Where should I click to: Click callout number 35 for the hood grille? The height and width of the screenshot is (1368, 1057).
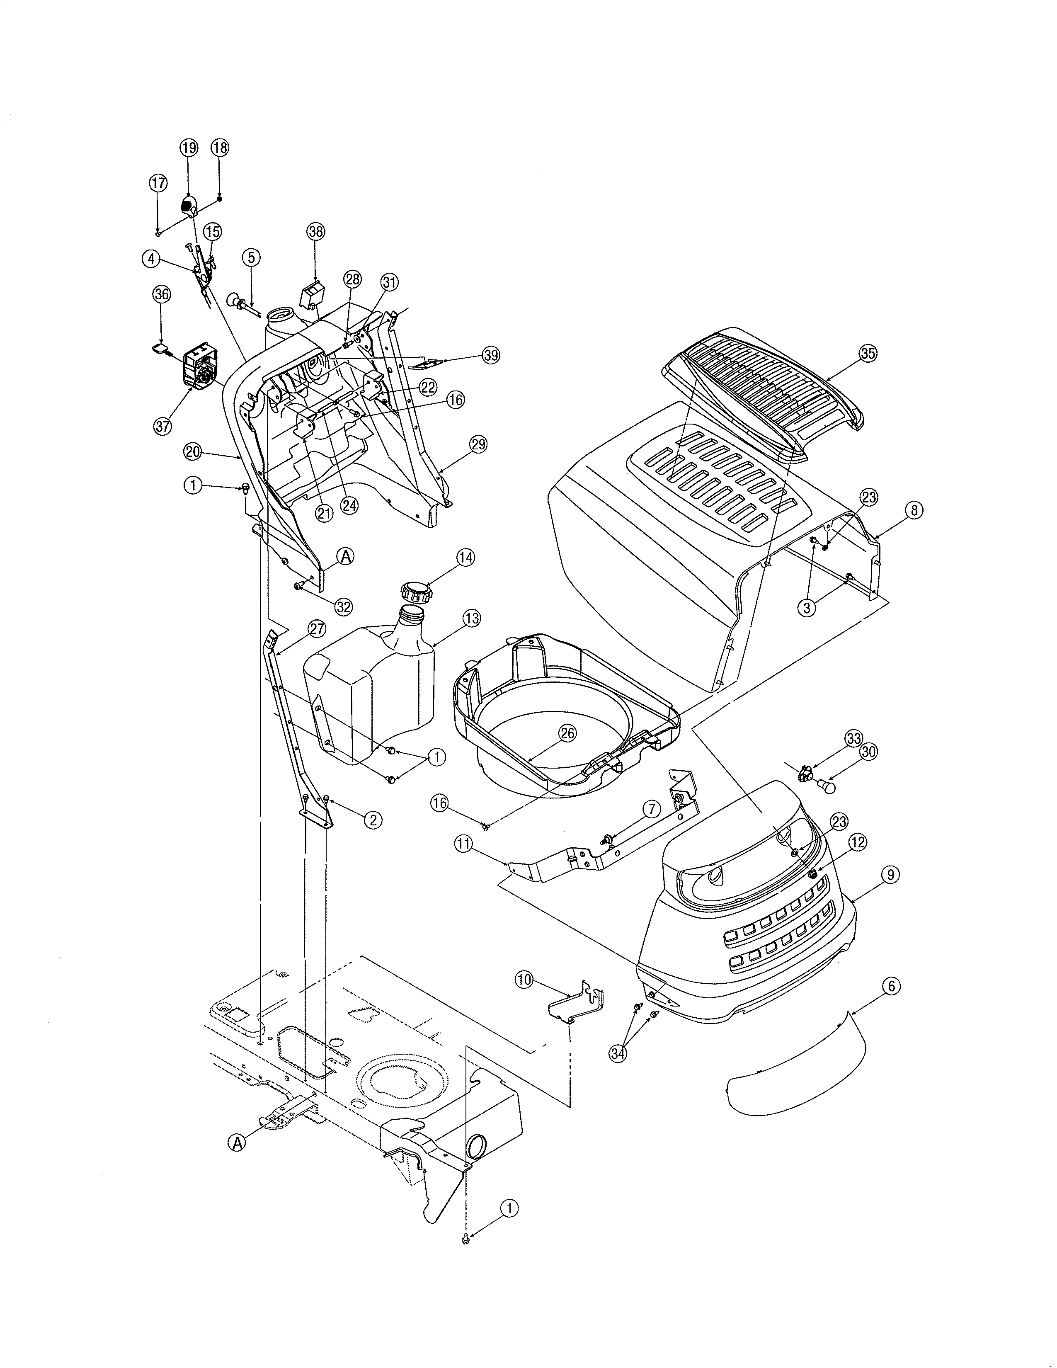point(867,353)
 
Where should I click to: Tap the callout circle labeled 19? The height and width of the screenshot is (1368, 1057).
point(189,148)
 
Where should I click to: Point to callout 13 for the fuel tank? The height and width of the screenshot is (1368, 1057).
point(472,618)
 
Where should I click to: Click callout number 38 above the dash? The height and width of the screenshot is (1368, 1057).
point(315,231)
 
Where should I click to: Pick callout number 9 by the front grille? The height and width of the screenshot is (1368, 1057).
point(890,874)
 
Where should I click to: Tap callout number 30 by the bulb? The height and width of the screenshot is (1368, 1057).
point(868,752)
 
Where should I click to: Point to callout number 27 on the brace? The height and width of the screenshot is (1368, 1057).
point(317,629)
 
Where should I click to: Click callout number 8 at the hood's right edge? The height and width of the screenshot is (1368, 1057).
point(914,510)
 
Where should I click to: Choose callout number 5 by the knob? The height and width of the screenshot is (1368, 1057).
point(251,257)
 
